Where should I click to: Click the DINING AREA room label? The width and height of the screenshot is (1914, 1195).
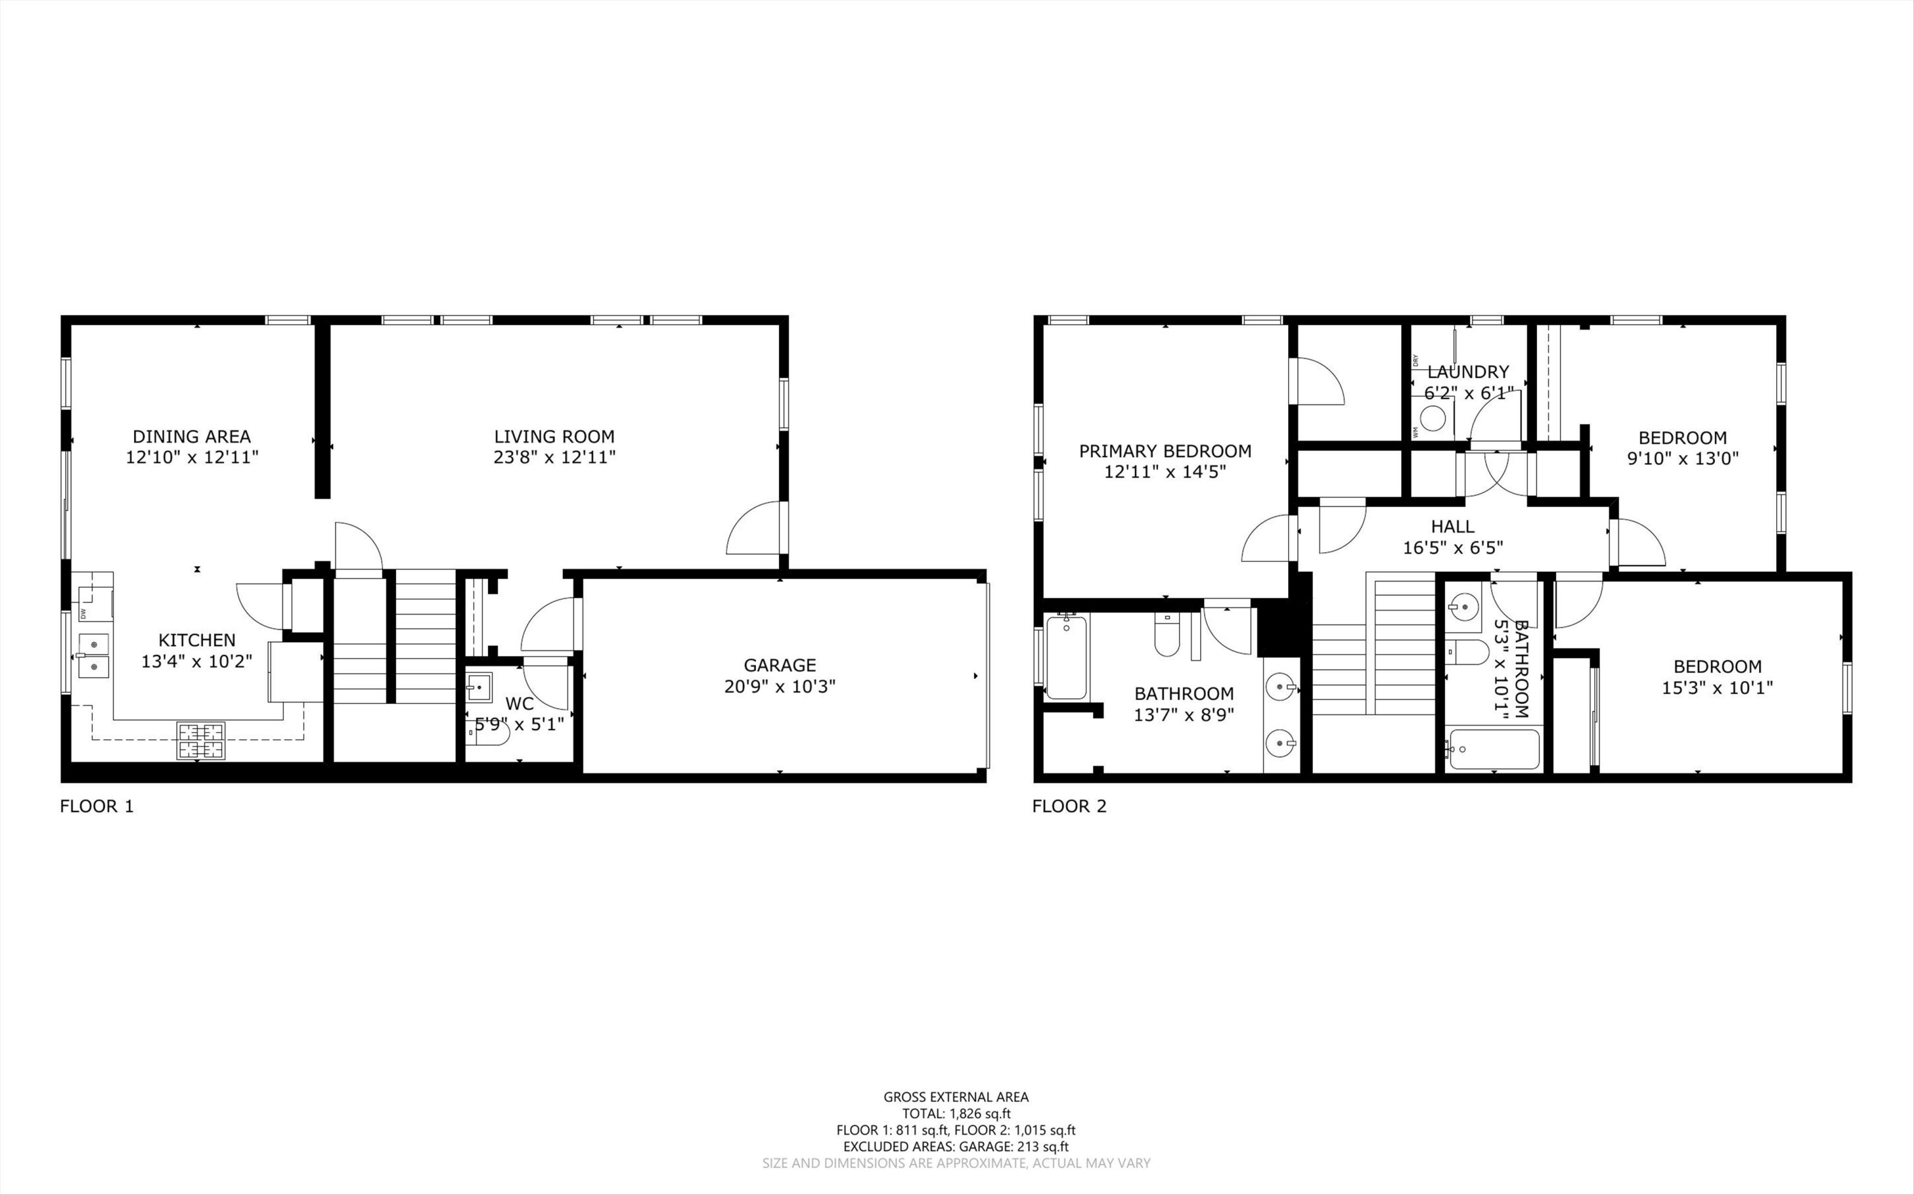pos(191,436)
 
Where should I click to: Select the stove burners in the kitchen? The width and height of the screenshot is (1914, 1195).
pos(201,740)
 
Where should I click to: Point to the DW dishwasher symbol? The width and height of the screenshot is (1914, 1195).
pos(84,613)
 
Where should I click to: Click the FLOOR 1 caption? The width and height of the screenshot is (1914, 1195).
pos(96,806)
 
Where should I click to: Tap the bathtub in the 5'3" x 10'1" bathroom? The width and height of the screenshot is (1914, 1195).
pos(1494,749)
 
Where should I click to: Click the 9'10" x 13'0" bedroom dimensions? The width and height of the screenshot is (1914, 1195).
pos(1682,458)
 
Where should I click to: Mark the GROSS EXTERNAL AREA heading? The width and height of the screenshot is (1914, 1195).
pos(956,1097)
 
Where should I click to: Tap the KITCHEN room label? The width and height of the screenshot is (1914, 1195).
pos(197,640)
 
